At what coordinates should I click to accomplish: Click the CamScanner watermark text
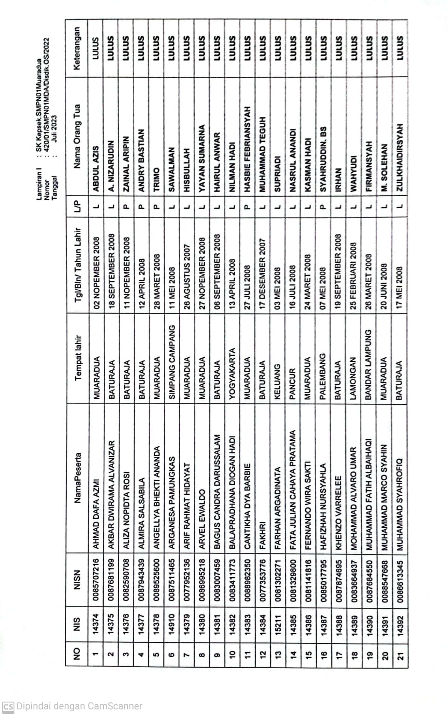pyautogui.click(x=79, y=706)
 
